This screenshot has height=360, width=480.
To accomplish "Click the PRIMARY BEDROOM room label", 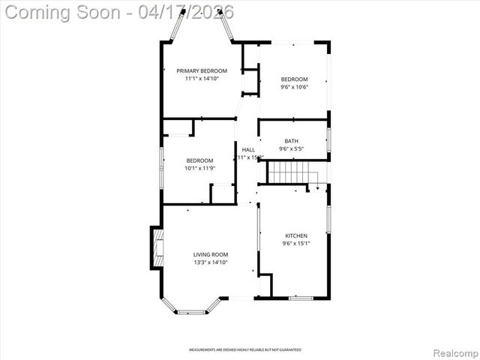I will pyautogui.click(x=202, y=71).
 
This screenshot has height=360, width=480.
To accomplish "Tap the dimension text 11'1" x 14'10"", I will pyautogui.click(x=202, y=79).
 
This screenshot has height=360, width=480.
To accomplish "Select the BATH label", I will pyautogui.click(x=291, y=141).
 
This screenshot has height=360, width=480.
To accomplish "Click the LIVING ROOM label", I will pyautogui.click(x=211, y=255).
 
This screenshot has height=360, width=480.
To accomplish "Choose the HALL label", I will pyautogui.click(x=248, y=150).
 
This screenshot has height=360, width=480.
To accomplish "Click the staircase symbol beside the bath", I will pyautogui.click(x=293, y=173).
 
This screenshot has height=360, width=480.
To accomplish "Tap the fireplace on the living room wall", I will pyautogui.click(x=157, y=248).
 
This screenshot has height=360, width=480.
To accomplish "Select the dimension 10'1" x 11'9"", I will pyautogui.click(x=199, y=168).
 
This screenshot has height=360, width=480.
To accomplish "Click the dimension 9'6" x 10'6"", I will pyautogui.click(x=294, y=87).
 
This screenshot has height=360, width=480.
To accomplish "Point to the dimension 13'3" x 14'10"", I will pyautogui.click(x=211, y=262).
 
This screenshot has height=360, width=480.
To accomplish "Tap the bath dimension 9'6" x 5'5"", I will pyautogui.click(x=291, y=148).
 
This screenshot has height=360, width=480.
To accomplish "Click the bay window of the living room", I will pyautogui.click(x=192, y=307).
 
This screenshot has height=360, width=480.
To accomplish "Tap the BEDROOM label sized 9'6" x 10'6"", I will pyautogui.click(x=294, y=79).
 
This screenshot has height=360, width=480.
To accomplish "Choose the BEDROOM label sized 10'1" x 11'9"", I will pyautogui.click(x=199, y=160).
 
